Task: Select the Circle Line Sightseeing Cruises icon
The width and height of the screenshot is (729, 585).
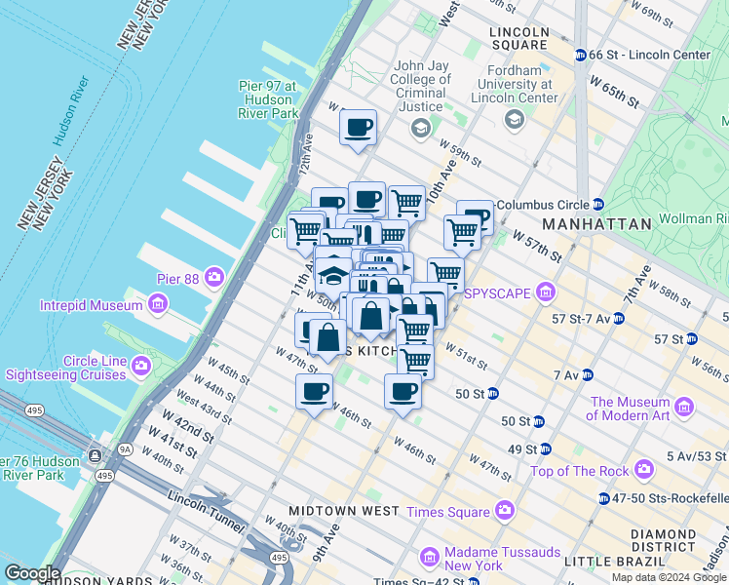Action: point(142,366)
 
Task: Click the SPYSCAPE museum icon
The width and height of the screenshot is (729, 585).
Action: point(545,292)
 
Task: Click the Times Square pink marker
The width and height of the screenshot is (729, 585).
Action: point(504,510)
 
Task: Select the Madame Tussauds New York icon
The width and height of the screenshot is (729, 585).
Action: point(429,557)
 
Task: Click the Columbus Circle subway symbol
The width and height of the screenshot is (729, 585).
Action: point(598,204)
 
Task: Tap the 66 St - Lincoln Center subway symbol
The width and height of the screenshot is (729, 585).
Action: point(580,55)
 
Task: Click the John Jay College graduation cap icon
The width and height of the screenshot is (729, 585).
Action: point(420,128)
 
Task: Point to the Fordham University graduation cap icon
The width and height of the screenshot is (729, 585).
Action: point(514,119)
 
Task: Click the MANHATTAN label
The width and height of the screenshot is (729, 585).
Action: point(596,224)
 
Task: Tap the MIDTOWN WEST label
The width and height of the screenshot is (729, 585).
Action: point(344,511)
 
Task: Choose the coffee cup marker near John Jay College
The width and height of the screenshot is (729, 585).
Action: point(359,127)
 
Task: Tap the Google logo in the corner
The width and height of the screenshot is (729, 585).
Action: point(32,573)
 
